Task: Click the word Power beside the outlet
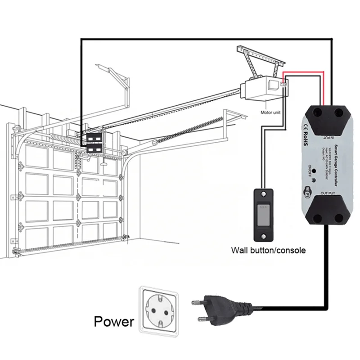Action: (114, 321)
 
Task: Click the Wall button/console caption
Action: (268, 250)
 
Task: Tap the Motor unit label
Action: (270, 112)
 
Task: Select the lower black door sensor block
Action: (94, 147)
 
